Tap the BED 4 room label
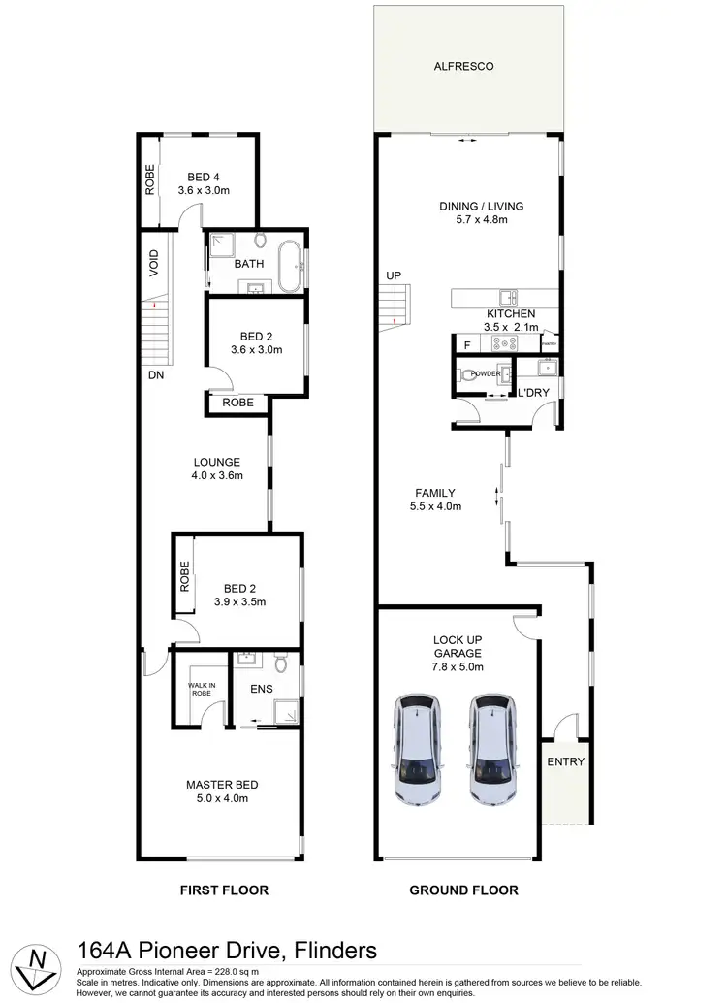(203, 177)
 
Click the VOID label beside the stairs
(153, 264)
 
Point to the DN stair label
(155, 374)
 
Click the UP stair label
(394, 275)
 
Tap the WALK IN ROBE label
(202, 690)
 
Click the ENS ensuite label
(261, 690)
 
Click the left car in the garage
(418, 750)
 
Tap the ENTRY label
(565, 761)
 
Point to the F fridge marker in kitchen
(467, 345)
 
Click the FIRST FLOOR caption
(223, 890)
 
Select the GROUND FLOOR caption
(463, 890)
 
